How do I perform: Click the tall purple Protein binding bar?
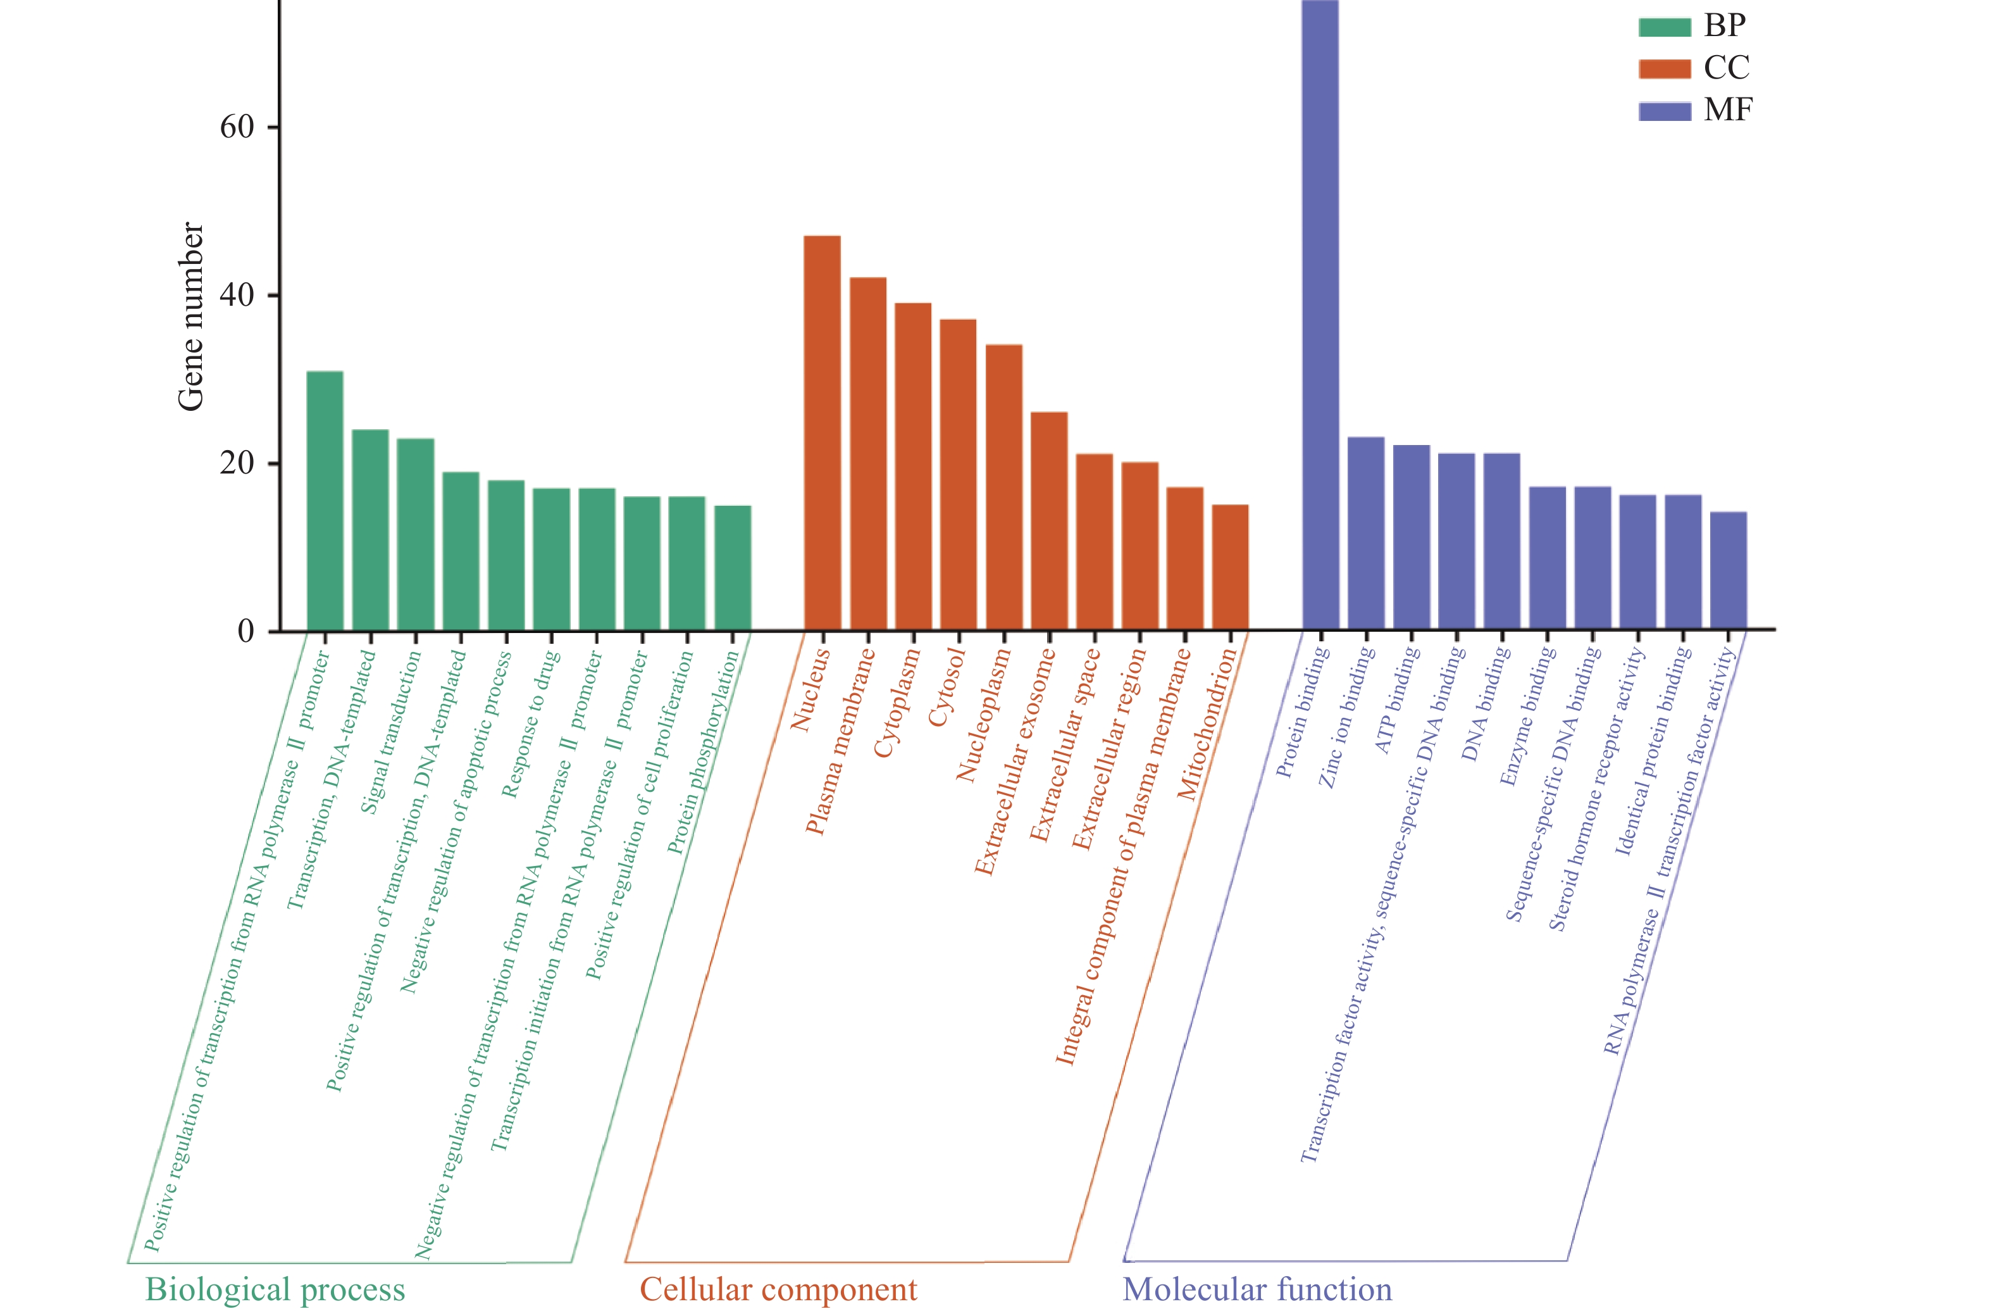[x=1320, y=318]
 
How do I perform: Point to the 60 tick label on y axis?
[x=237, y=127]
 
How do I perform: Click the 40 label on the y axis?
[x=237, y=295]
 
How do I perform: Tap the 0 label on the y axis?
[x=246, y=630]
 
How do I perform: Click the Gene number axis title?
[x=191, y=317]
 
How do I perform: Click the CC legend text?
[x=1727, y=68]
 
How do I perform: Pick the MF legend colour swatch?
[x=1665, y=111]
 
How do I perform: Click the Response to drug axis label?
[x=530, y=725]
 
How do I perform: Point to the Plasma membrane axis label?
[x=840, y=741]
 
